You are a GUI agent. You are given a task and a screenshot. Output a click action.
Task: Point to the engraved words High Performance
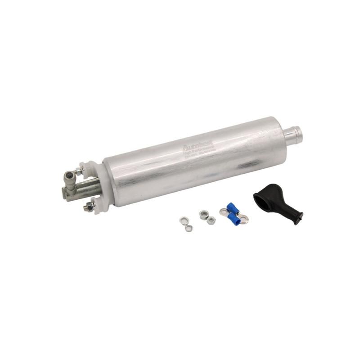click(x=198, y=152)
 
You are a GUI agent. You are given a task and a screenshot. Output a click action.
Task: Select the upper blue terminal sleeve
click(x=233, y=207)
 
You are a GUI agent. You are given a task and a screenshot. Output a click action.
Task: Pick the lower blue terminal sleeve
click(x=234, y=219)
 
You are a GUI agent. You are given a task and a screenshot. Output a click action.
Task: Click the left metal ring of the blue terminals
click(x=223, y=211)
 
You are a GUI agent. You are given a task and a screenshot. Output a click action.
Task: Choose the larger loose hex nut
click(x=203, y=215)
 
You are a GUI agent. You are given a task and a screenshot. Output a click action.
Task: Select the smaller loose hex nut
click(x=211, y=220)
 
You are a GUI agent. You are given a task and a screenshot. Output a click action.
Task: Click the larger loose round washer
click(x=184, y=220)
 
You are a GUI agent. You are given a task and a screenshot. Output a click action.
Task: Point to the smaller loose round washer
click(x=189, y=228)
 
